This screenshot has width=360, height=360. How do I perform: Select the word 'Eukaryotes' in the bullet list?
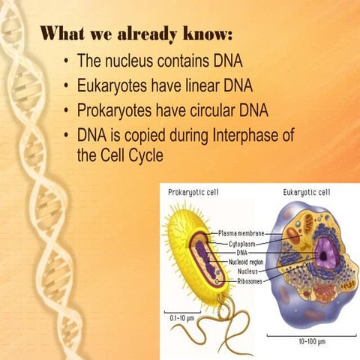(117, 85)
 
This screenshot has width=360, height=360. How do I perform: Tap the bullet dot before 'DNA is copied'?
(68, 136)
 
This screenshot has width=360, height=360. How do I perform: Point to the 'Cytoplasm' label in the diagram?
(244, 244)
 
